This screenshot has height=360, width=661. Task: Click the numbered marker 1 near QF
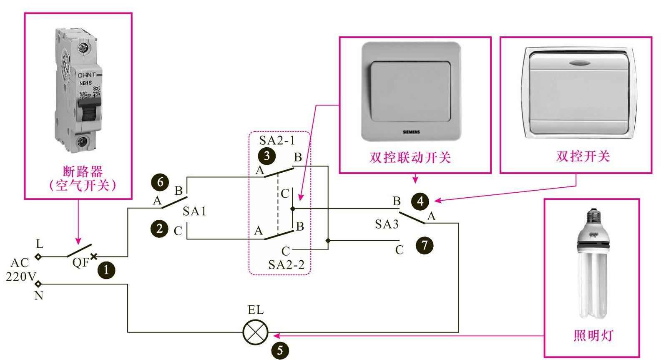tap(106, 270)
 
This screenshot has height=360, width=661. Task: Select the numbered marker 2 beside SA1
tap(159, 229)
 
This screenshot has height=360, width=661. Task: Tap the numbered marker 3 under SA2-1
tap(266, 156)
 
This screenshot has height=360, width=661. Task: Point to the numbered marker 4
tap(420, 201)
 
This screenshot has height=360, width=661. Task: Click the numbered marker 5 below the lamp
tap(280, 350)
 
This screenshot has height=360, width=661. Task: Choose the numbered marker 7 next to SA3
tap(425, 245)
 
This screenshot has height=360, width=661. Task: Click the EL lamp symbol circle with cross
tap(255, 332)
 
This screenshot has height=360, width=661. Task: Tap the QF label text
tap(80, 263)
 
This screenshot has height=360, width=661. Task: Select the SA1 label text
tap(194, 211)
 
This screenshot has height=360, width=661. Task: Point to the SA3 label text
tap(387, 224)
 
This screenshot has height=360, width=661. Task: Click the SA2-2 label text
tap(286, 264)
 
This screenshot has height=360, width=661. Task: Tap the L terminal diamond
tap(38, 257)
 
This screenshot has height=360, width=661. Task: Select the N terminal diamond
tap(38, 284)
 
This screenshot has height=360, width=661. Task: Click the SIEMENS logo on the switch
tap(411, 132)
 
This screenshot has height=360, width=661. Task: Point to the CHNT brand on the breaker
tap(87, 75)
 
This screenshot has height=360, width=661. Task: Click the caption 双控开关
tap(583, 156)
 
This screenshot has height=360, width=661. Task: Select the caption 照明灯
tap(593, 335)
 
